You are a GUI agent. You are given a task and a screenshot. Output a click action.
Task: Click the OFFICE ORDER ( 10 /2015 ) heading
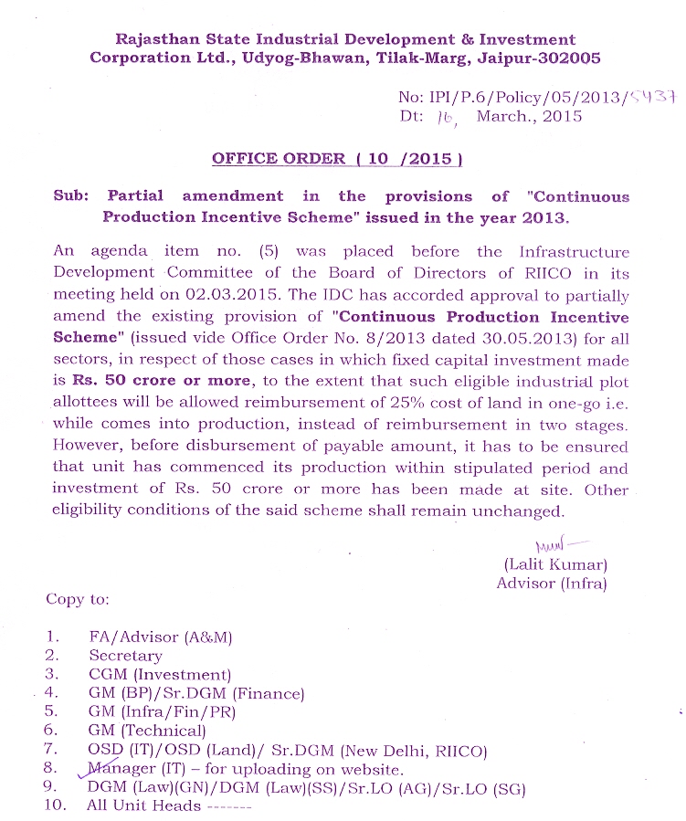pos(337,158)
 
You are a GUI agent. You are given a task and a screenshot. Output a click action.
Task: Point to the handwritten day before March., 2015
pos(446,118)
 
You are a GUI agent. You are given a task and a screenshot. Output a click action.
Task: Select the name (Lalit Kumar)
pos(554,565)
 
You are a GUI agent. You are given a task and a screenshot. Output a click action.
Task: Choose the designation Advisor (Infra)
pos(551,583)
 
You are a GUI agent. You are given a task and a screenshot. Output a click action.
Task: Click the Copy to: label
pos(78,600)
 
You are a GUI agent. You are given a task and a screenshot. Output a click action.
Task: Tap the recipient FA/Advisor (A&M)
pos(160,637)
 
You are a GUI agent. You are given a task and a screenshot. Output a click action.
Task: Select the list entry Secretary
pos(125,655)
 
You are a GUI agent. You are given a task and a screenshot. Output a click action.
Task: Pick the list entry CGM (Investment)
pos(160,674)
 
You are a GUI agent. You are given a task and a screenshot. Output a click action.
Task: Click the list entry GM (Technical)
pos(147,731)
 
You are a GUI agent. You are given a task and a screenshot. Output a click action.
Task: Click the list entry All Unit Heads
pos(143,805)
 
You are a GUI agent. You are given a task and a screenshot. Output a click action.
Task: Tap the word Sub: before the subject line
pos(71,196)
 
